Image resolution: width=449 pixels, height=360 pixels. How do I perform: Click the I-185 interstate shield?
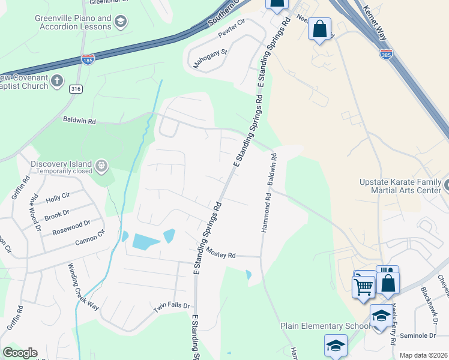click(x=88, y=59)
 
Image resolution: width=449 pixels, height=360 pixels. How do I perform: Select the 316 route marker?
click(x=75, y=89)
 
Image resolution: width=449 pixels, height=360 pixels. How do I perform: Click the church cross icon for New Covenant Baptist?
click(x=57, y=80)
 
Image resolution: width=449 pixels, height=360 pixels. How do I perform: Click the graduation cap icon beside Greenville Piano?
click(x=121, y=22)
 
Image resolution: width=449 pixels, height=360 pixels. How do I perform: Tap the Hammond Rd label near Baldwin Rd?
click(x=264, y=215)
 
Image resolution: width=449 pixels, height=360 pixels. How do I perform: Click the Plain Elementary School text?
click(x=325, y=326)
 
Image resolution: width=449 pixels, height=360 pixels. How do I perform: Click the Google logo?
click(x=20, y=353)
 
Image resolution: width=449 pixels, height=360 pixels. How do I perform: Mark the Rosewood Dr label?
click(x=71, y=227)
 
